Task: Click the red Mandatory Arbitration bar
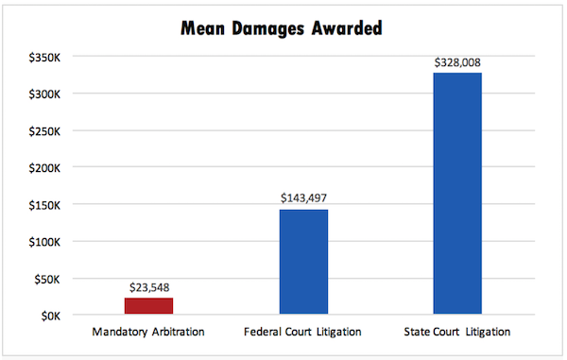point(149,306)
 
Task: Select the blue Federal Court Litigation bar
point(303,262)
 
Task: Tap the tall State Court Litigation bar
point(457,194)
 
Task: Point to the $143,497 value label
point(303,198)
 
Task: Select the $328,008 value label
point(457,62)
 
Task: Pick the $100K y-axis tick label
point(46,241)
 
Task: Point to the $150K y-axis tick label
point(46,204)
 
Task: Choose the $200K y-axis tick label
point(46,167)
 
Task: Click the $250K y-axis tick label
point(46,130)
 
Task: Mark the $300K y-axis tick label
point(46,94)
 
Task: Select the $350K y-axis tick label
point(46,57)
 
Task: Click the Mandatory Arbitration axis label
point(149,333)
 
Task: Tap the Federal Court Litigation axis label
point(303,333)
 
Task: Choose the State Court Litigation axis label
point(457,333)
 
